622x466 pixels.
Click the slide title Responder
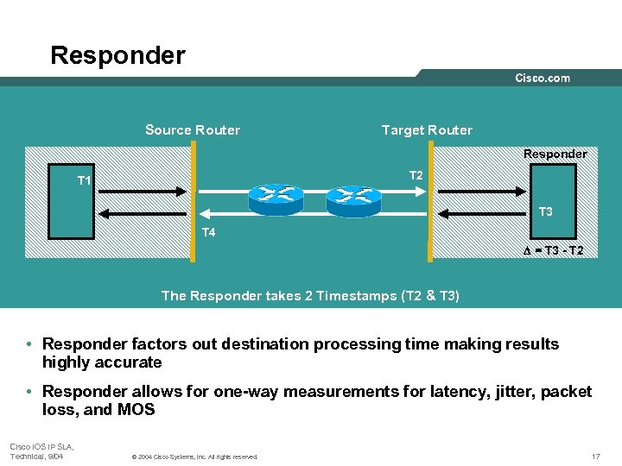[x=117, y=56]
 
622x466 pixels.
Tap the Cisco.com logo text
[x=543, y=78]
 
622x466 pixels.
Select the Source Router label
[x=193, y=130]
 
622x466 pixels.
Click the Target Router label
[x=427, y=130]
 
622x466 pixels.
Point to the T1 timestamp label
[x=85, y=180]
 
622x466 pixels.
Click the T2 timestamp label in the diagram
[x=416, y=176]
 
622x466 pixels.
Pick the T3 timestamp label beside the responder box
[x=546, y=211]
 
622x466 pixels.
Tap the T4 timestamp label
[x=208, y=232]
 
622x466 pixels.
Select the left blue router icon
[x=276, y=199]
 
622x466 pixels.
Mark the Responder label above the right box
[x=555, y=154]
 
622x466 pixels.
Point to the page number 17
[x=594, y=455]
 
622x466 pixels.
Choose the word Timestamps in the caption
[x=355, y=296]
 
